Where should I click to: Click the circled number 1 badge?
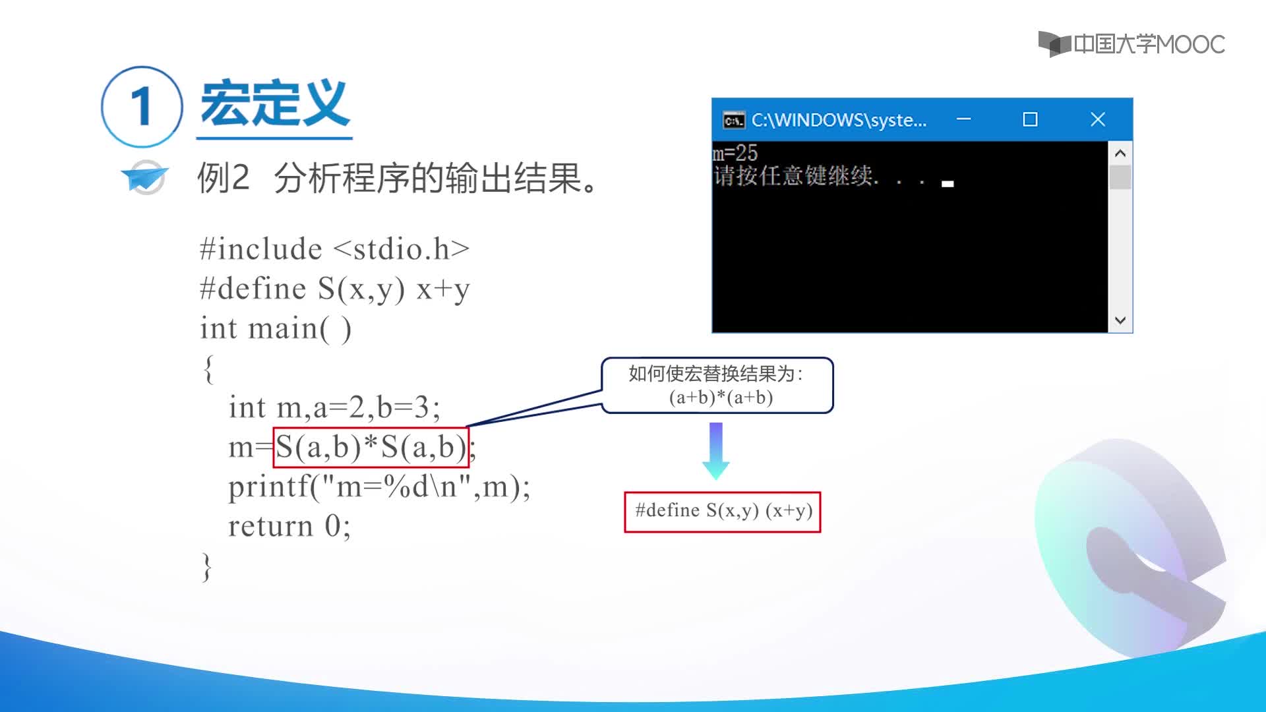(x=142, y=106)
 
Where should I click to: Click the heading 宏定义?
(x=274, y=104)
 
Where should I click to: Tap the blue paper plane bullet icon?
(x=145, y=177)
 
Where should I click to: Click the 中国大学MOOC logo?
(x=1131, y=44)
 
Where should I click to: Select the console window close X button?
(x=1098, y=119)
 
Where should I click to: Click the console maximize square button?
(x=1030, y=119)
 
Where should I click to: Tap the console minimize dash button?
(x=963, y=119)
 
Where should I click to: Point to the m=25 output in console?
(x=735, y=153)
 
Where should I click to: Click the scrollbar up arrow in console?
(x=1120, y=153)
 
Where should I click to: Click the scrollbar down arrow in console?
(x=1120, y=320)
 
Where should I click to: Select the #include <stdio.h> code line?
(x=335, y=249)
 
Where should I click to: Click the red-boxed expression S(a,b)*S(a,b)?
(x=371, y=448)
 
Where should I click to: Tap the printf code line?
(x=379, y=487)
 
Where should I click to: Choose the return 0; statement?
(x=289, y=526)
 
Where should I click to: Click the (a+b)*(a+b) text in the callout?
(x=721, y=397)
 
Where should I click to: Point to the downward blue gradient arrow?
(x=715, y=451)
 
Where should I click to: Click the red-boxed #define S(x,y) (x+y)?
(x=723, y=512)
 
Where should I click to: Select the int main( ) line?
(x=276, y=328)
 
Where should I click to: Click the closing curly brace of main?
(x=207, y=566)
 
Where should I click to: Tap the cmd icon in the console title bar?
(x=734, y=120)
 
